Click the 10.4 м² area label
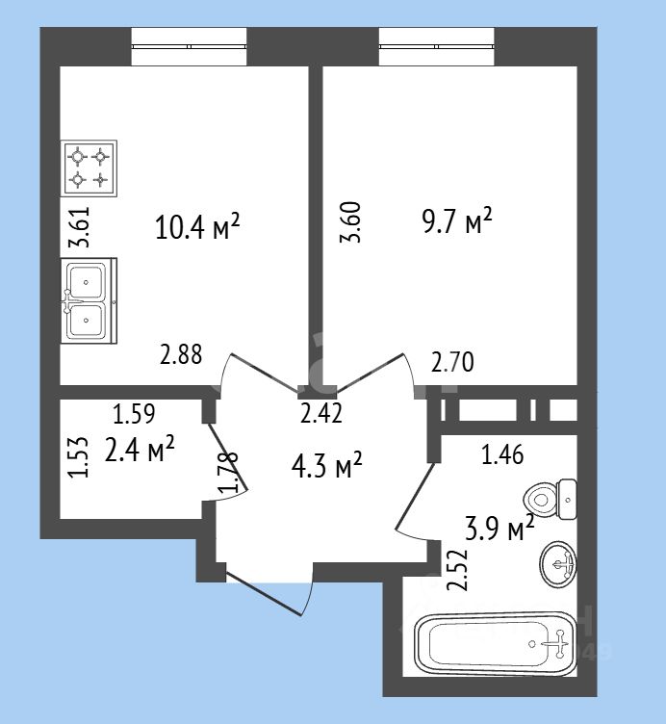pos(197,226)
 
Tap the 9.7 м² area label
pos(457,220)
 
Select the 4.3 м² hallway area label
pos(327,465)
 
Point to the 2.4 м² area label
pos(140,449)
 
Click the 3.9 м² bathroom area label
pos(499,528)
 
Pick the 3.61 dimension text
pos(79,226)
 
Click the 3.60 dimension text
pos(350,222)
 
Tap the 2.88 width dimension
pos(181,354)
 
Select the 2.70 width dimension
pos(452,362)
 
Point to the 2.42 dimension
pos(321,413)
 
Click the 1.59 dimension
pos(134,414)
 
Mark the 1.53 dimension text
pos(78,456)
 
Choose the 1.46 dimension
pos(502,454)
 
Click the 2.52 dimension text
pos(458,570)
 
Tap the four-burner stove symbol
pos(89,168)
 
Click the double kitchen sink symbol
pos(89,300)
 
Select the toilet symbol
pos(551,499)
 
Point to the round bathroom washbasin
pos(557,564)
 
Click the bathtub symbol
pos(496,644)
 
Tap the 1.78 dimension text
pos(228,472)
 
